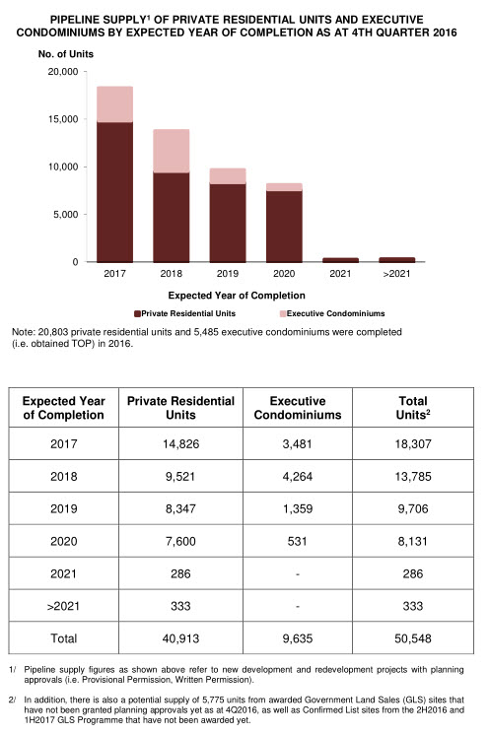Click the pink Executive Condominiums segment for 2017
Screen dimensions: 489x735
coord(115,104)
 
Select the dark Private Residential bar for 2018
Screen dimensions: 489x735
coord(172,217)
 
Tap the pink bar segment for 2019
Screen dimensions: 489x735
coord(228,175)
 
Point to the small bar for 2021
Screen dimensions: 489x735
coord(340,260)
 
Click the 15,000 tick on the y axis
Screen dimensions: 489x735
coord(63,119)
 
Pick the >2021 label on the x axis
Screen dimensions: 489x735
coord(396,274)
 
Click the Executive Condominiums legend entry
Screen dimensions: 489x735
coord(332,313)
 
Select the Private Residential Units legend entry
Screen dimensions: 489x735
coord(184,313)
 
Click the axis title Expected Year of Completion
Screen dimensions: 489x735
coord(237,296)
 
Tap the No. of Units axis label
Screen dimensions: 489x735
coord(66,54)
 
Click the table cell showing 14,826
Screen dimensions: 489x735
coord(181,443)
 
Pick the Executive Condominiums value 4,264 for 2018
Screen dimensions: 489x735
coord(297,476)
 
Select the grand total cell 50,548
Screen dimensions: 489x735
coord(413,638)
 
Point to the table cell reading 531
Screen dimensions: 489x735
coord(297,541)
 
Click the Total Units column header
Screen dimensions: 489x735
coord(413,408)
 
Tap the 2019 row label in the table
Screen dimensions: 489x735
coord(64,508)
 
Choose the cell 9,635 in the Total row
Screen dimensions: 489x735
coord(297,638)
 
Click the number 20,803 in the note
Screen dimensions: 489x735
coord(52,332)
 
